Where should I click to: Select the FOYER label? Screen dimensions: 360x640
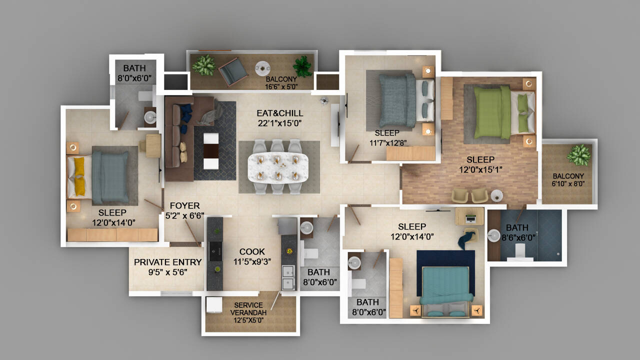coord(184,205)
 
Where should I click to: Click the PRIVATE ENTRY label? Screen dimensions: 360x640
coord(168,262)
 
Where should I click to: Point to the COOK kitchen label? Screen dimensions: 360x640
coord(252,251)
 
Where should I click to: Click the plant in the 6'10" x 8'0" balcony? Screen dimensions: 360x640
coord(578,154)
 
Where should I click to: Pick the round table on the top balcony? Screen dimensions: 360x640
coord(262,67)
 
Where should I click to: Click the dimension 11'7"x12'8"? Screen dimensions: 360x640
coord(388,142)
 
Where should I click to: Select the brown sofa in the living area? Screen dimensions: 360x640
coord(180,137)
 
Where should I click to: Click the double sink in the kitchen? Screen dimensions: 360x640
coord(288,277)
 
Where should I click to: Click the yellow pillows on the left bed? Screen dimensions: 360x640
coord(80,176)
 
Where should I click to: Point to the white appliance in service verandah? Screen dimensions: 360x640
coord(213,304)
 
